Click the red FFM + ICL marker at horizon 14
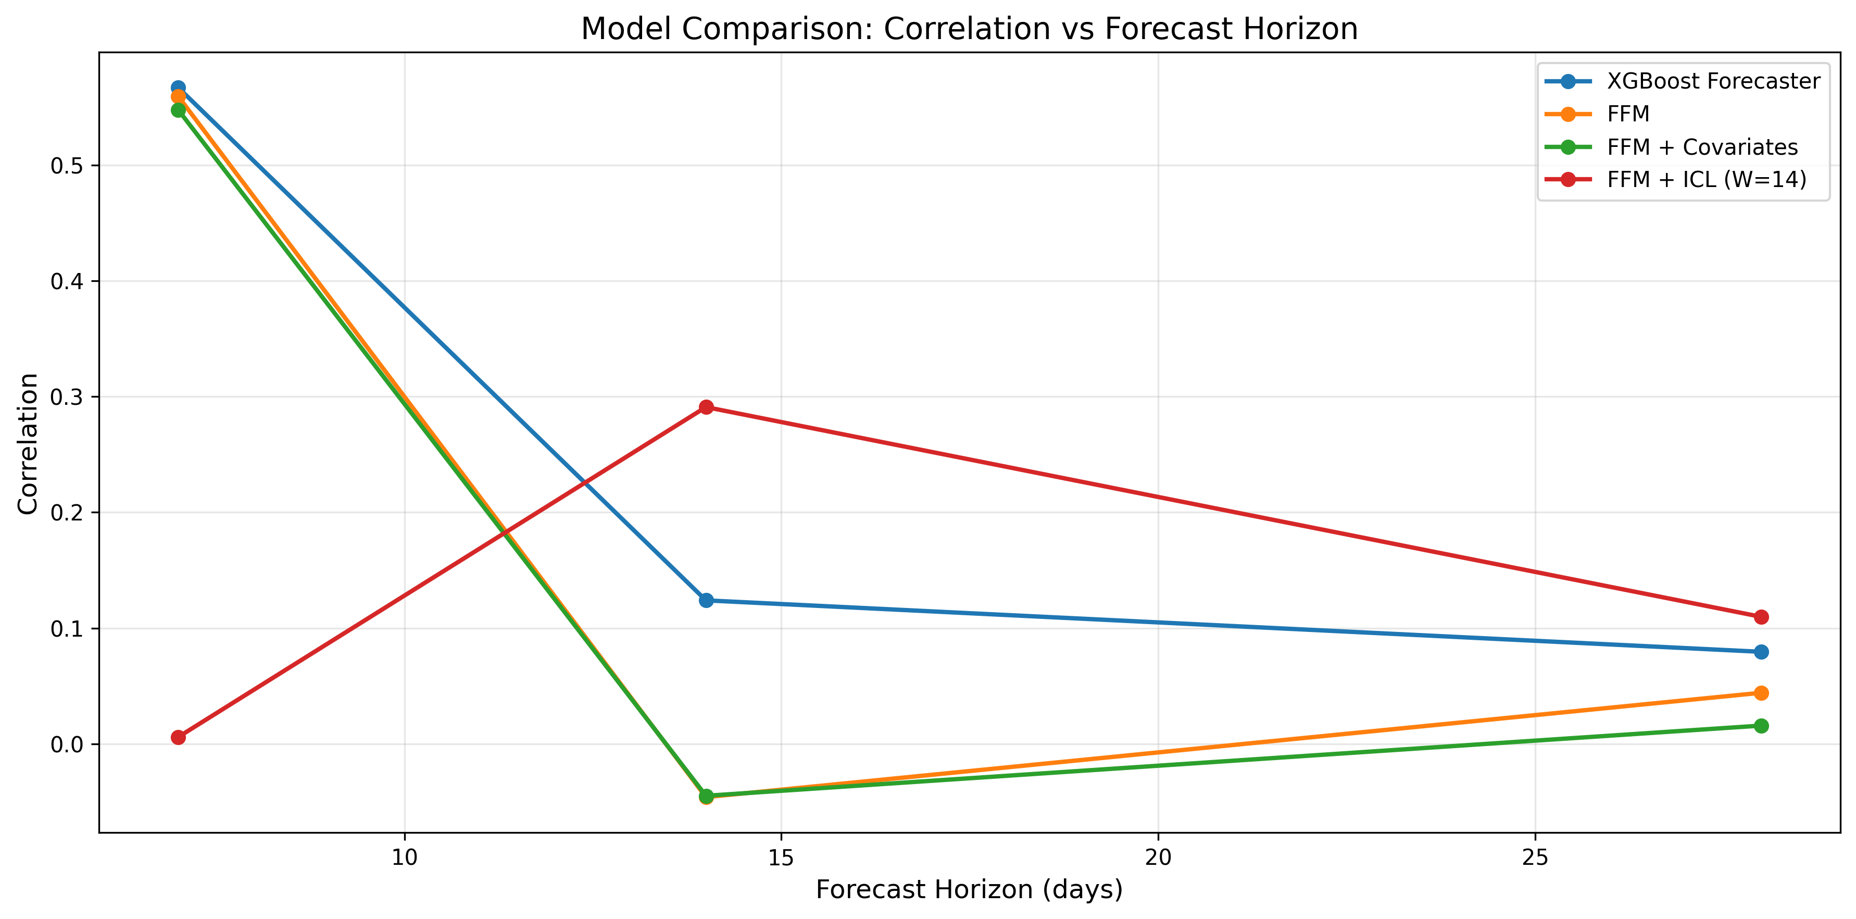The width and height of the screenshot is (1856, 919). pyautogui.click(x=706, y=407)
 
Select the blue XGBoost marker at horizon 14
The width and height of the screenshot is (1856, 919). pyautogui.click(x=706, y=600)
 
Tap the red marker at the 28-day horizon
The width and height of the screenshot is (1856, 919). pyautogui.click(x=1761, y=617)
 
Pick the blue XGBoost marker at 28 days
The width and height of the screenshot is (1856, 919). pyautogui.click(x=1761, y=652)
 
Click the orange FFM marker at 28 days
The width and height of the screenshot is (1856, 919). pyautogui.click(x=1761, y=693)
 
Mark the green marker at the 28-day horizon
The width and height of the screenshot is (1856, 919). pyautogui.click(x=1761, y=726)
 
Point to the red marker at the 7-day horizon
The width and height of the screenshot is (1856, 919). pyautogui.click(x=178, y=737)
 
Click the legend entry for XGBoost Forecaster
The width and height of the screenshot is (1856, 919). pyautogui.click(x=1713, y=81)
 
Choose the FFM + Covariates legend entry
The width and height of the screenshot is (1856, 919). pyautogui.click(x=1702, y=147)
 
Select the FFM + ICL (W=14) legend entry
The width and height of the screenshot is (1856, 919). pyautogui.click(x=1706, y=179)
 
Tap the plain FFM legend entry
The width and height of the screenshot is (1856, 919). pyautogui.click(x=1627, y=114)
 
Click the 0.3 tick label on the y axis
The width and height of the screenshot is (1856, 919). pyautogui.click(x=66, y=397)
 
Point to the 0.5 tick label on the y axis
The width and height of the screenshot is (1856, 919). pyautogui.click(x=66, y=166)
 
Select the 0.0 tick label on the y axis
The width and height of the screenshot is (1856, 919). pyautogui.click(x=66, y=744)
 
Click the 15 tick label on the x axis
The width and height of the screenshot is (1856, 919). pyautogui.click(x=781, y=858)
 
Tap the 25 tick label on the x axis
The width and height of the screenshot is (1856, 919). pyautogui.click(x=1535, y=858)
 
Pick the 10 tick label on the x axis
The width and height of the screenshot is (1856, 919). pyautogui.click(x=404, y=858)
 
